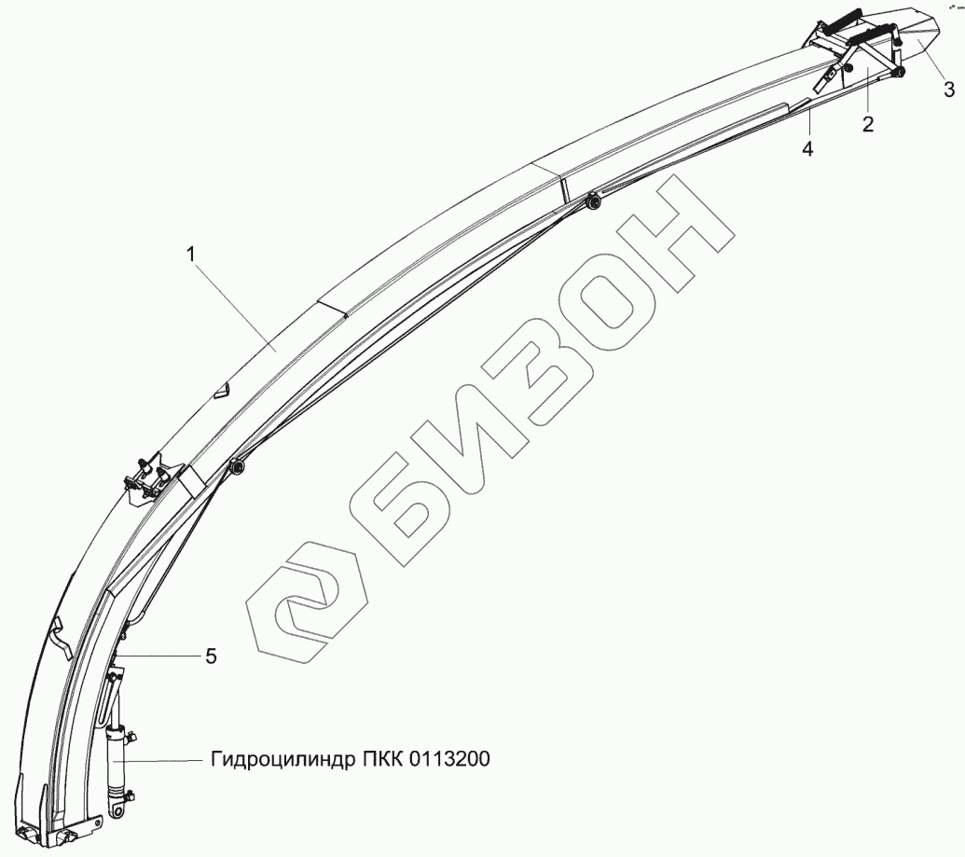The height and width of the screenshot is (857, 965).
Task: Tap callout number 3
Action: click(948, 90)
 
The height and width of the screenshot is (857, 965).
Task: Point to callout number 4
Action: click(807, 148)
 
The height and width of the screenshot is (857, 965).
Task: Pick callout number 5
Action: click(211, 657)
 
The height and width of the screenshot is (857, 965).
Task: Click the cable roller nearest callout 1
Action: click(238, 467)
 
